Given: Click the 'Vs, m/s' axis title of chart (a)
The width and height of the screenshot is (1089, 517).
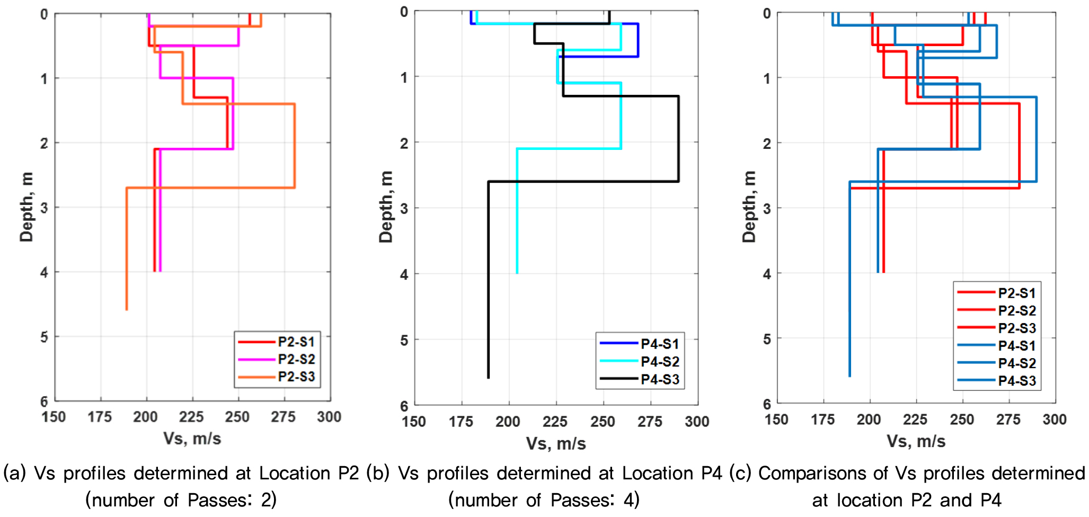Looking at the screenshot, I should click(x=192, y=439).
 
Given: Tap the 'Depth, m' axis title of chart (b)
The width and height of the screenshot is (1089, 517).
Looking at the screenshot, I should click(x=386, y=207).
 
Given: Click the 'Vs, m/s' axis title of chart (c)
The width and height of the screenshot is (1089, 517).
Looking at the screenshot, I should click(x=916, y=441).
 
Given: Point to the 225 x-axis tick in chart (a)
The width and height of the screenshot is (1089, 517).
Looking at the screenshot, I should click(x=192, y=417).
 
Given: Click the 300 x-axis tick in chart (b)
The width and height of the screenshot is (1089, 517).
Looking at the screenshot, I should click(x=697, y=422).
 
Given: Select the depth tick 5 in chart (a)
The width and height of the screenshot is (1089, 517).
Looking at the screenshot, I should click(x=44, y=337).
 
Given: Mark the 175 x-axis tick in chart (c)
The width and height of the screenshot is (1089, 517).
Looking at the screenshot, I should click(x=823, y=420).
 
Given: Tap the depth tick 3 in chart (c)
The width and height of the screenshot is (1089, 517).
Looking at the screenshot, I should click(x=767, y=209).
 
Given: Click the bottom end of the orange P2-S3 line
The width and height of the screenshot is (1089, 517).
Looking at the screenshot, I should click(x=126, y=309).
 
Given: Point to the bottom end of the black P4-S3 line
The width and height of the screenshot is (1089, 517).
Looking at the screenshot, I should click(x=488, y=378).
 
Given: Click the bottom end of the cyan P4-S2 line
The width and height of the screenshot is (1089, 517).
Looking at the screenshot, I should click(x=517, y=273).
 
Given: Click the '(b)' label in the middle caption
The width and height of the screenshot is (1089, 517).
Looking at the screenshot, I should click(x=378, y=473).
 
